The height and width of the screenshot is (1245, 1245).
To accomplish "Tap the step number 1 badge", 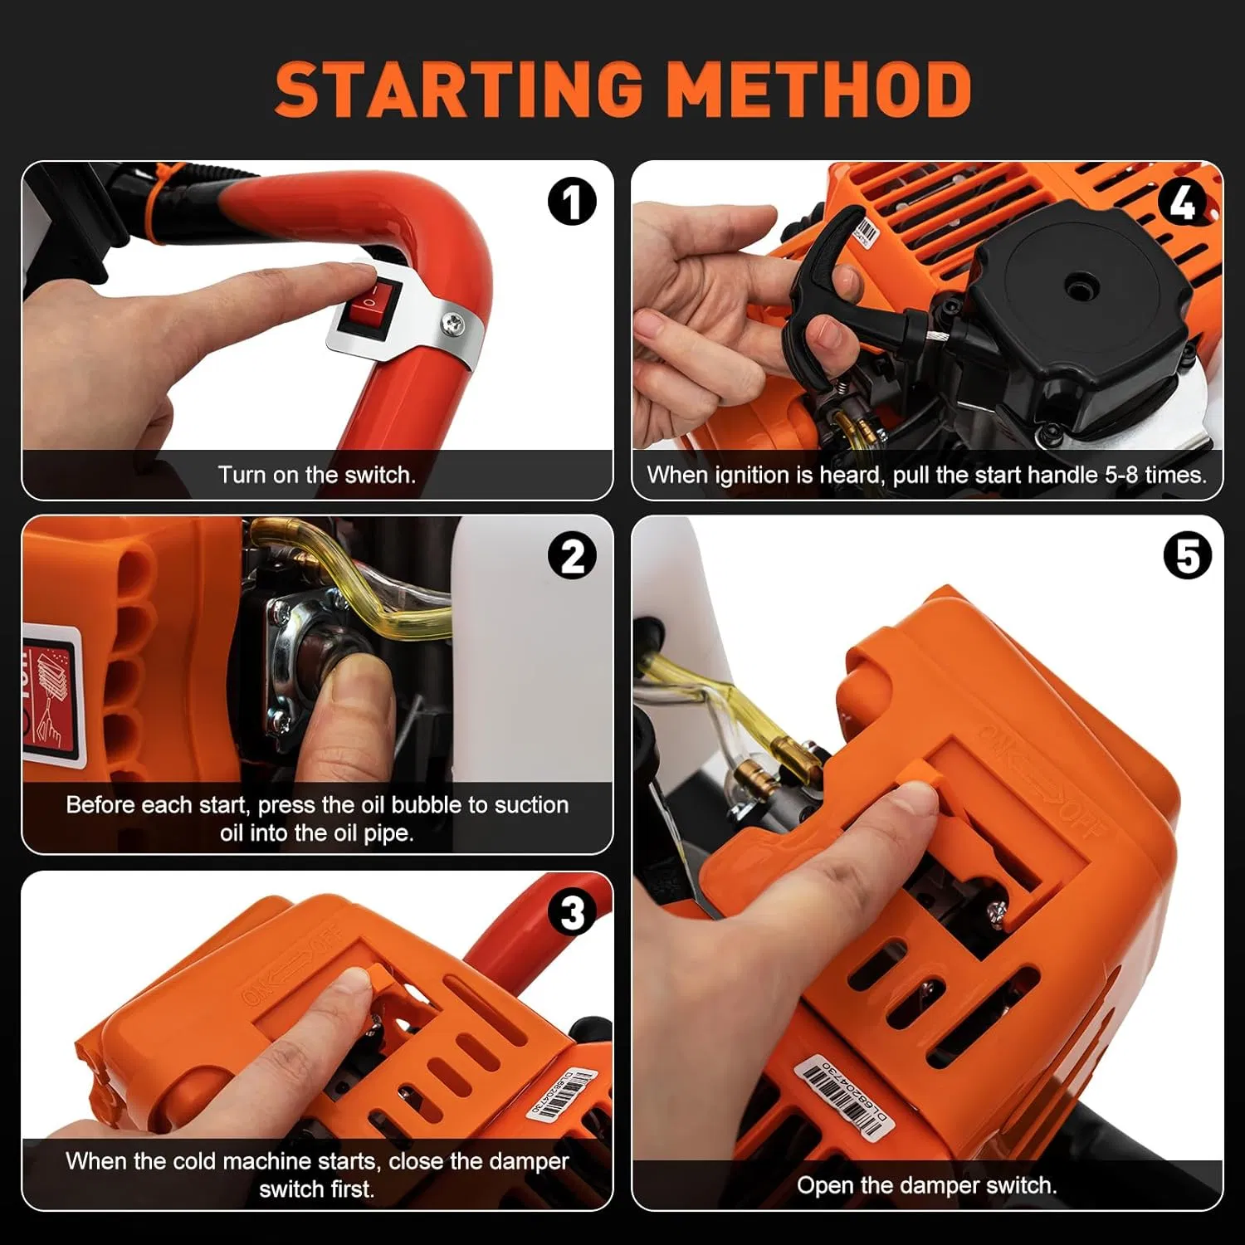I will (x=572, y=202).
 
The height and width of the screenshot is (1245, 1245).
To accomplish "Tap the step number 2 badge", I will (x=572, y=557).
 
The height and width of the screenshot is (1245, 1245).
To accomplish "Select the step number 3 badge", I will (x=572, y=913).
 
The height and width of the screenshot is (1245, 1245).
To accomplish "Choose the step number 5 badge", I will (x=1187, y=556).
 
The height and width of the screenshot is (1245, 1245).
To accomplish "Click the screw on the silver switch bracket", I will (x=452, y=322).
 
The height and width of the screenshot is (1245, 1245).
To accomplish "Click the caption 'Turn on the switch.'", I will (x=316, y=475).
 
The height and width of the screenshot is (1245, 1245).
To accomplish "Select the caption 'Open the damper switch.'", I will (x=926, y=1184).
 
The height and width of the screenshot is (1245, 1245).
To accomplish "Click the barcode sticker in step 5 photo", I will (x=842, y=1096).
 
